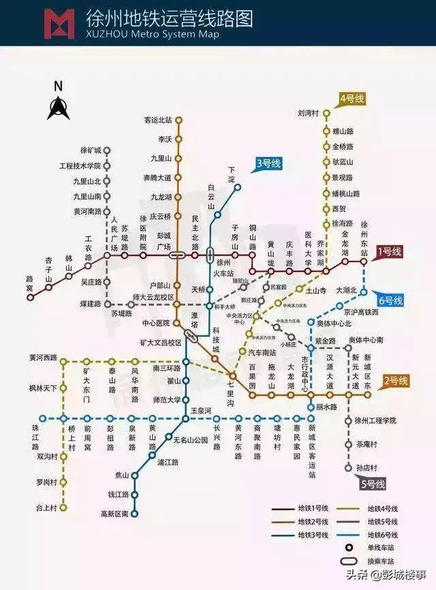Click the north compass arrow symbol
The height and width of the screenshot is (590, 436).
click(58, 106)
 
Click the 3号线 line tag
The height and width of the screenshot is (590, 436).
click(268, 164)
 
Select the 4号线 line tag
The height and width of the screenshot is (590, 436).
click(352, 99)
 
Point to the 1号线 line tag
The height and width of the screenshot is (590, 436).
click(390, 252)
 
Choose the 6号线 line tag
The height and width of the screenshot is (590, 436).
click(391, 300)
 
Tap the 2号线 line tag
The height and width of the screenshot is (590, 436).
click(396, 381)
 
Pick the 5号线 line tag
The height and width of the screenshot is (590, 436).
click(373, 484)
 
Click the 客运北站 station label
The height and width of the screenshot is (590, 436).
click(158, 120)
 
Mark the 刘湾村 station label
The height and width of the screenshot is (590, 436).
click(309, 113)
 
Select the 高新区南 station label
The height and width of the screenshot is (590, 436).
click(114, 513)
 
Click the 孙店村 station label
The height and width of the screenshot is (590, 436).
click(366, 467)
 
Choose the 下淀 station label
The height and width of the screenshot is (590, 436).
click(232, 174)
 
